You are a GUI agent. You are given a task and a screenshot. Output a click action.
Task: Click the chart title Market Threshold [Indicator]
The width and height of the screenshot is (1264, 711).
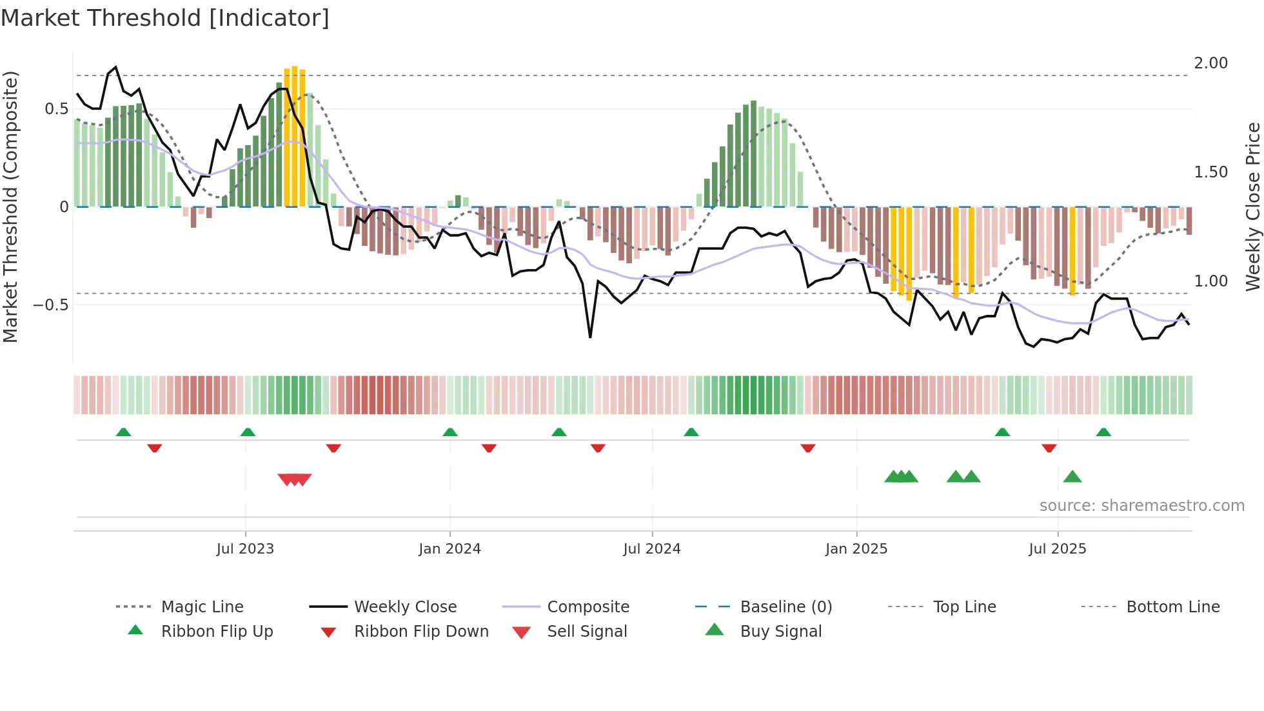(165, 18)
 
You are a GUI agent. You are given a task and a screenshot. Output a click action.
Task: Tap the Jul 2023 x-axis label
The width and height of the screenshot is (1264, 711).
(245, 549)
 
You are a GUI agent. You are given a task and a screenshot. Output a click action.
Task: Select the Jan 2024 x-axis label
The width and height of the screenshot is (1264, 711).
(449, 549)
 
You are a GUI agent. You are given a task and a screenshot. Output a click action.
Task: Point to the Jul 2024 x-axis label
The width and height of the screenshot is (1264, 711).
(651, 549)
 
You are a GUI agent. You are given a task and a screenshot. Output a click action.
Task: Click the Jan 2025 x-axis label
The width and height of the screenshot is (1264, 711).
(856, 549)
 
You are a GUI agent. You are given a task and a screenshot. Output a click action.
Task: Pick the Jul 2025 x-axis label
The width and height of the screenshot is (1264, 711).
(1057, 549)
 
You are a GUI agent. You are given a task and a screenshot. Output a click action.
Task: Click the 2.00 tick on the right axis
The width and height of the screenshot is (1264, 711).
(1210, 63)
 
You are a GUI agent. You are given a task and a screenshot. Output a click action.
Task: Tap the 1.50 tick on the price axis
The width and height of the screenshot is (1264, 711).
(1210, 172)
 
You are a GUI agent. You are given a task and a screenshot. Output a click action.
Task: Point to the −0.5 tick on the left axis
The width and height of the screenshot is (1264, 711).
(50, 305)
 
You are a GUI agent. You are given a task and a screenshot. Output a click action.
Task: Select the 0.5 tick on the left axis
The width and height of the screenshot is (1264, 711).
(56, 109)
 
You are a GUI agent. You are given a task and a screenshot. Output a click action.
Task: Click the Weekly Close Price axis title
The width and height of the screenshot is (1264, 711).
(1252, 206)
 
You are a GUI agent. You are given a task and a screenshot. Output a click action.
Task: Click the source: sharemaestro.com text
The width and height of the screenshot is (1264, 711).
(1141, 506)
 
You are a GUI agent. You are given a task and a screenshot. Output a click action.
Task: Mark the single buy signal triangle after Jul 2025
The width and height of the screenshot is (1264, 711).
(1072, 477)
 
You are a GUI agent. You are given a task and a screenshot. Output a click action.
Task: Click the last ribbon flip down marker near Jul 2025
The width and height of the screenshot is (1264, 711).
(1049, 448)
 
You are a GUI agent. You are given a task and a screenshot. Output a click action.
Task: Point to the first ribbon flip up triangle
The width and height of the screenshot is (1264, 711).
(123, 432)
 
